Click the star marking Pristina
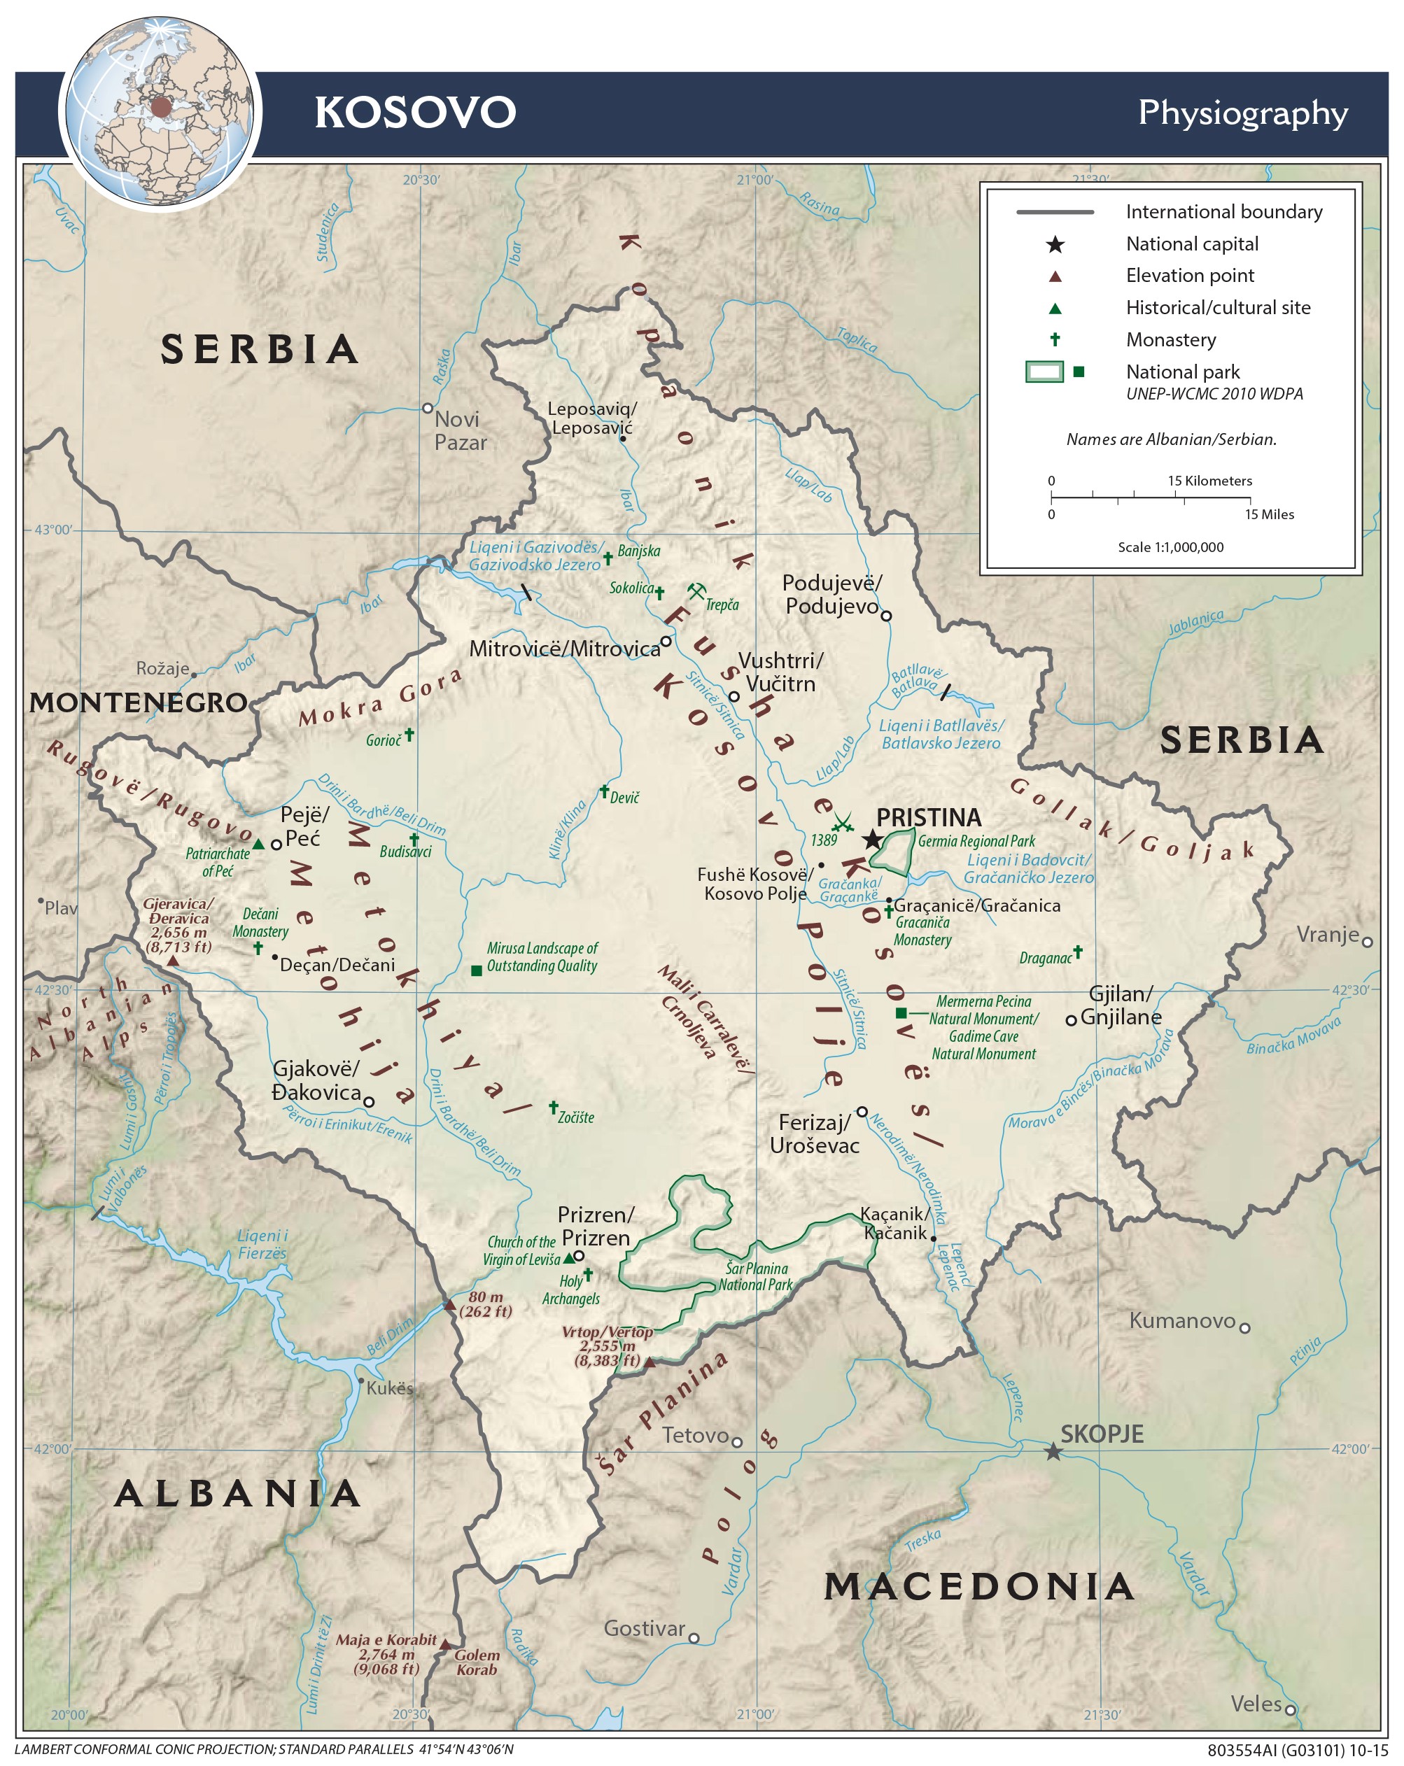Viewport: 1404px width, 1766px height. pyautogui.click(x=872, y=839)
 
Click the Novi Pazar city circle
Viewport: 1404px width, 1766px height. pyautogui.click(x=428, y=408)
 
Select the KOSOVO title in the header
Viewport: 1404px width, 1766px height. pyautogui.click(x=415, y=112)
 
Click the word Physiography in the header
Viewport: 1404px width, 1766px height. pyautogui.click(x=1242, y=113)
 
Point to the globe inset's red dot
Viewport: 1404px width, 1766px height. pyautogui.click(x=160, y=106)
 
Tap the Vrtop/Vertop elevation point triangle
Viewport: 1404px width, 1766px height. pyautogui.click(x=650, y=1363)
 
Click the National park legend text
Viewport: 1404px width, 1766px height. pyautogui.click(x=1182, y=372)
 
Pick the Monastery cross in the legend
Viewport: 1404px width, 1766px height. pyautogui.click(x=1055, y=339)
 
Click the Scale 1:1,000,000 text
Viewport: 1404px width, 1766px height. pyautogui.click(x=1170, y=547)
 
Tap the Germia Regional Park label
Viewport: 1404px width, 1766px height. pyautogui.click(x=976, y=841)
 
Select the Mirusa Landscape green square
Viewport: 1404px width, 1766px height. pyautogui.click(x=476, y=970)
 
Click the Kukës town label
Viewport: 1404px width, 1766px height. pyautogui.click(x=390, y=1388)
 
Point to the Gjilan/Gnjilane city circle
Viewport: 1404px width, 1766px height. pyautogui.click(x=1071, y=1021)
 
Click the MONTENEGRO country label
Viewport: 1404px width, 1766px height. pyautogui.click(x=138, y=702)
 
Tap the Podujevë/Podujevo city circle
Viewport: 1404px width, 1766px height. pyautogui.click(x=885, y=615)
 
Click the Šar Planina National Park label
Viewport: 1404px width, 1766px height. pyautogui.click(x=755, y=1276)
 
